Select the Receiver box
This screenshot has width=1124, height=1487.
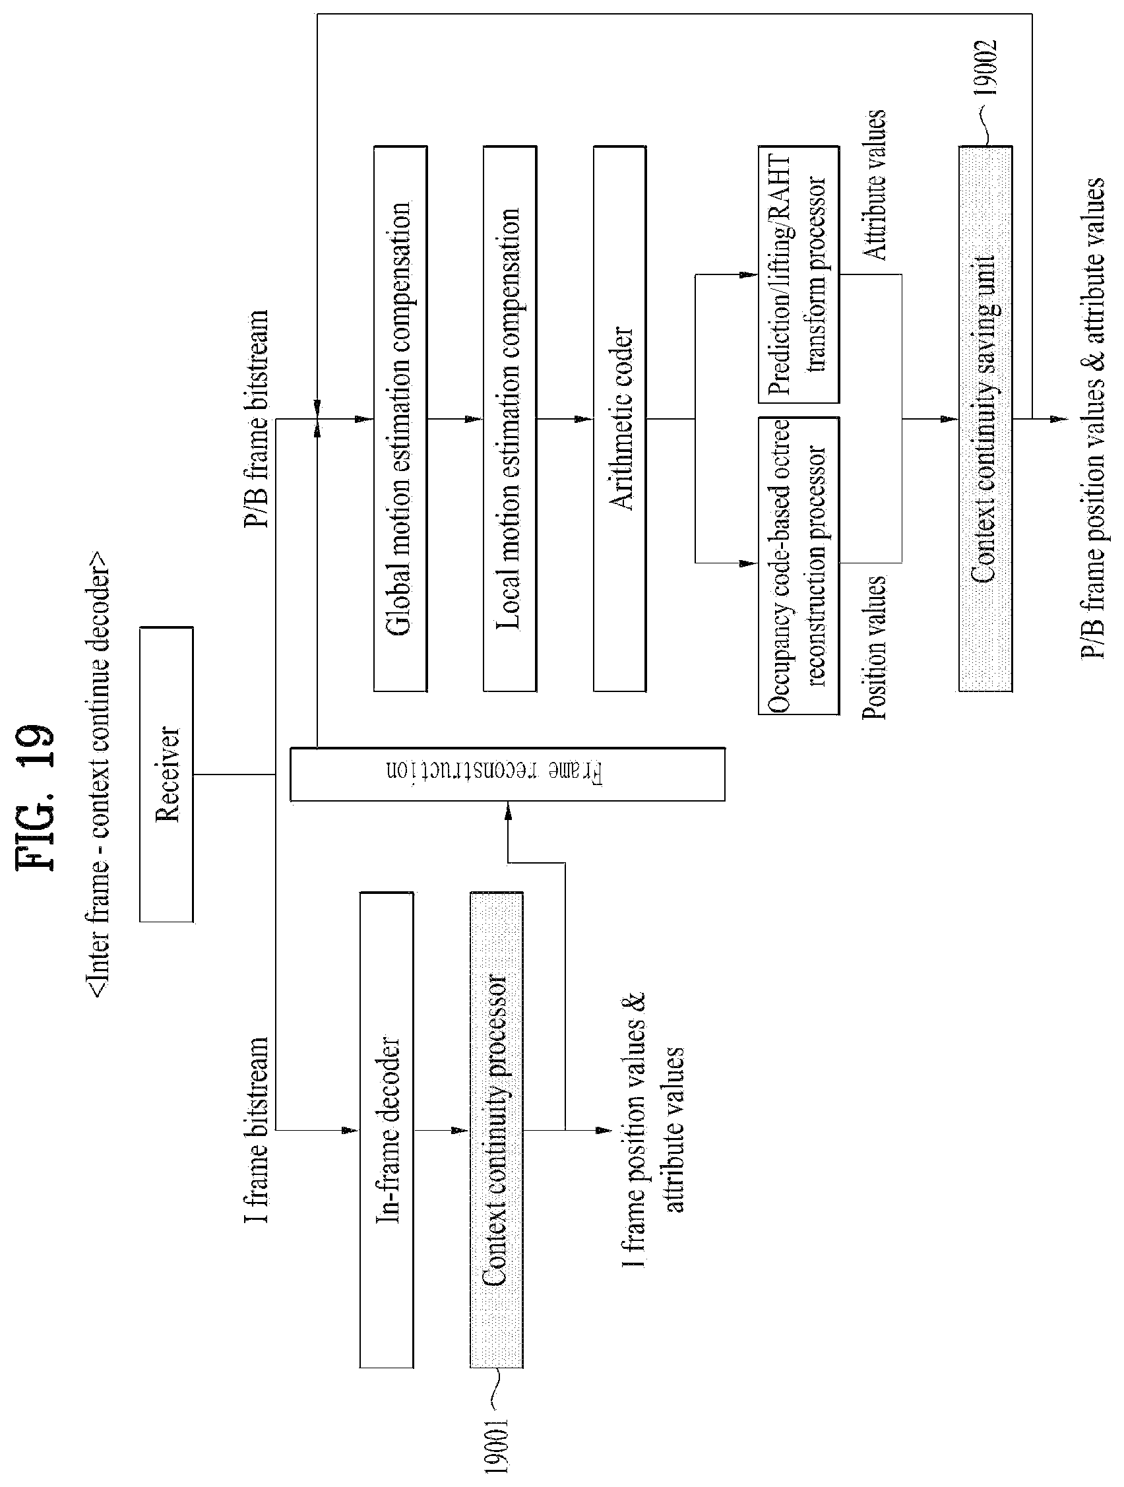pyautogui.click(x=167, y=774)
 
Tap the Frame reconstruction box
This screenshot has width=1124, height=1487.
pyautogui.click(x=507, y=773)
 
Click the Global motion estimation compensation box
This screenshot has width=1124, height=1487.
pyautogui.click(x=400, y=419)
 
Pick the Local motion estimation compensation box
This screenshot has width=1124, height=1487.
pyautogui.click(x=510, y=419)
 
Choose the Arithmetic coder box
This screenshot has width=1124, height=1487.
pyautogui.click(x=620, y=419)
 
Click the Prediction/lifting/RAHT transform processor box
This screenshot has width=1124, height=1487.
pyautogui.click(x=799, y=274)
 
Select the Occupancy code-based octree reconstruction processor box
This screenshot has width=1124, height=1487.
pyautogui.click(x=799, y=565)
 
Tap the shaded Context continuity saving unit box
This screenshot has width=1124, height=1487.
pyautogui.click(x=985, y=419)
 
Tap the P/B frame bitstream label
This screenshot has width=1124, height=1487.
pyautogui.click(x=257, y=418)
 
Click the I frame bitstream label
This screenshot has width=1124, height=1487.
pyautogui.click(x=257, y=1130)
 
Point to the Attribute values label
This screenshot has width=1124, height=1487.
pyautogui.click(x=874, y=185)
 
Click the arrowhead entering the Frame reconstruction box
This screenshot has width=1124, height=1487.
pyautogui.click(x=507, y=809)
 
